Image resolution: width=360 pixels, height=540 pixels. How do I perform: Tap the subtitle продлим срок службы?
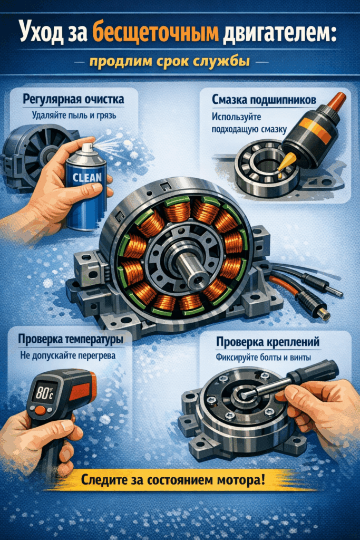point(180,62)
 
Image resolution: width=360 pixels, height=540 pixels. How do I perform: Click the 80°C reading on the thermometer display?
point(44,393)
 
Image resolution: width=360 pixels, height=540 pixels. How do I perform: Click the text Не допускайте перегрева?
point(67,355)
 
